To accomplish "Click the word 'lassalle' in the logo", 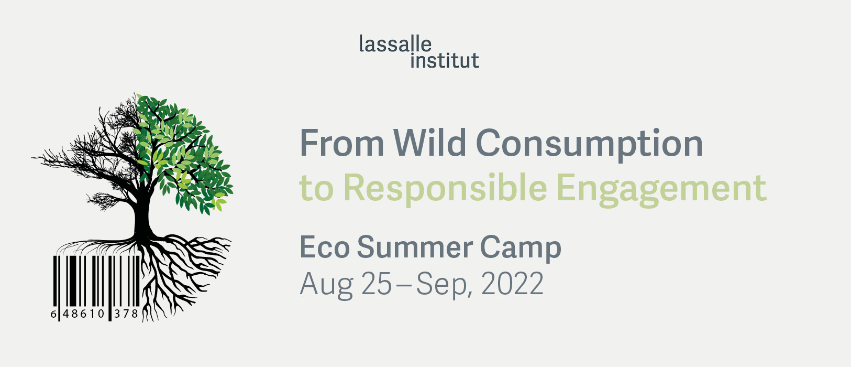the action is [x=395, y=44].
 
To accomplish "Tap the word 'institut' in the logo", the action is [x=445, y=60].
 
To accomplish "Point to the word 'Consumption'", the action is [x=589, y=145].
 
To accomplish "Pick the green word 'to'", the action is [x=316, y=188].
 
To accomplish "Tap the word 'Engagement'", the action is [x=661, y=190].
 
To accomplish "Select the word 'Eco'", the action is [x=325, y=247].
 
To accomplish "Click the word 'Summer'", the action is [x=415, y=247].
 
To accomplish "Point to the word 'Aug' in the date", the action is [x=326, y=285].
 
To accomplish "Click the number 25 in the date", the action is [x=376, y=284].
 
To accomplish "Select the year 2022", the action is [x=512, y=284].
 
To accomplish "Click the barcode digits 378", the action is [x=126, y=314].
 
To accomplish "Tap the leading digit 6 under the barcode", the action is [x=53, y=314].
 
